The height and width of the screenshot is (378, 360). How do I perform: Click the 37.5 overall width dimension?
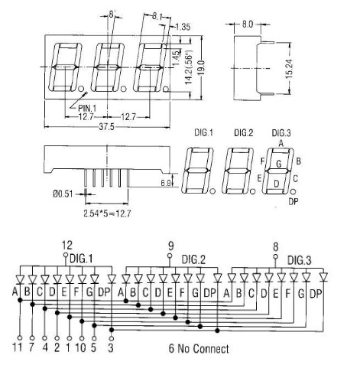107,127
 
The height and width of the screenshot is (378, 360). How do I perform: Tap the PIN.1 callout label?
87,107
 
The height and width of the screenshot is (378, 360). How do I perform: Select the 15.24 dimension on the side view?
289,69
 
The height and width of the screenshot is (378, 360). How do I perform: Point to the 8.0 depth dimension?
247,24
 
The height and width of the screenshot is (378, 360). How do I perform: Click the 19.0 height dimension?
202,67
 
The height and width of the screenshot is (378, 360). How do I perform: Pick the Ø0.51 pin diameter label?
63,194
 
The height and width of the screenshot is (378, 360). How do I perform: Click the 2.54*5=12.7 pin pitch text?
107,213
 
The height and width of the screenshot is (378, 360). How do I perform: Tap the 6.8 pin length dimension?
165,183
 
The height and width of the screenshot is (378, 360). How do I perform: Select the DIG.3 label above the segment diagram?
281,133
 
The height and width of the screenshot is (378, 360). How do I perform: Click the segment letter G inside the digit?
279,164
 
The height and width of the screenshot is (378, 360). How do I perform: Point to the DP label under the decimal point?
294,202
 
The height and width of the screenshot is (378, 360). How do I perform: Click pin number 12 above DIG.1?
67,246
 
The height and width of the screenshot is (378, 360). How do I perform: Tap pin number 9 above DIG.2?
171,246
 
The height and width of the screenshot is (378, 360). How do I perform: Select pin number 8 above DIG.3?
276,247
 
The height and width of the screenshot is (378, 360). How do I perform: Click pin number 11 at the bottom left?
18,347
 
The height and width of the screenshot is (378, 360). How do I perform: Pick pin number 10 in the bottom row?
80,347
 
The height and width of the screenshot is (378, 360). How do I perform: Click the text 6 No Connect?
199,349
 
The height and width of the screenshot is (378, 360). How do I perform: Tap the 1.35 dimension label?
183,27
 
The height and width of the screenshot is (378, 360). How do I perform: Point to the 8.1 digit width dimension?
157,17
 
